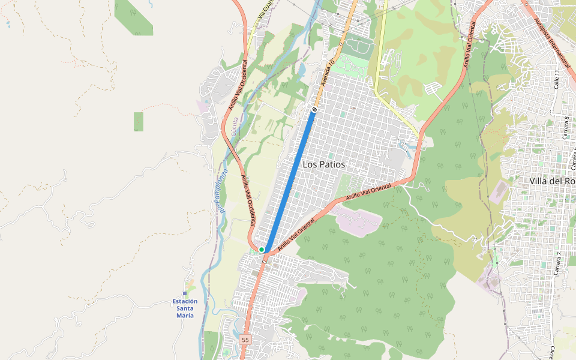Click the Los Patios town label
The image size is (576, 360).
(323, 164)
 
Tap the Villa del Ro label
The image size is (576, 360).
(553, 181)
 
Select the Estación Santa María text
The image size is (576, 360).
(185, 308)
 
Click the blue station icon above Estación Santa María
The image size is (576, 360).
(185, 293)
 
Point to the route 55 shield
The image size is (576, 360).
(245, 340)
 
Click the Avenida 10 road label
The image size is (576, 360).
(328, 73)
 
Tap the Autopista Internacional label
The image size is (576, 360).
(552, 42)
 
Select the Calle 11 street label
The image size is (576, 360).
(556, 80)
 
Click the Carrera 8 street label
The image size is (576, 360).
(566, 128)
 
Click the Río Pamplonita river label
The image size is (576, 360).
(220, 193)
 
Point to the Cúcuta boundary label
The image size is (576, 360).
(235, 128)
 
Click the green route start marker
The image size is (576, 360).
(262, 250)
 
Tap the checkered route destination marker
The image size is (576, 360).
(314, 109)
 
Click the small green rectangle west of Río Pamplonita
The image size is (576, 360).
(139, 122)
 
